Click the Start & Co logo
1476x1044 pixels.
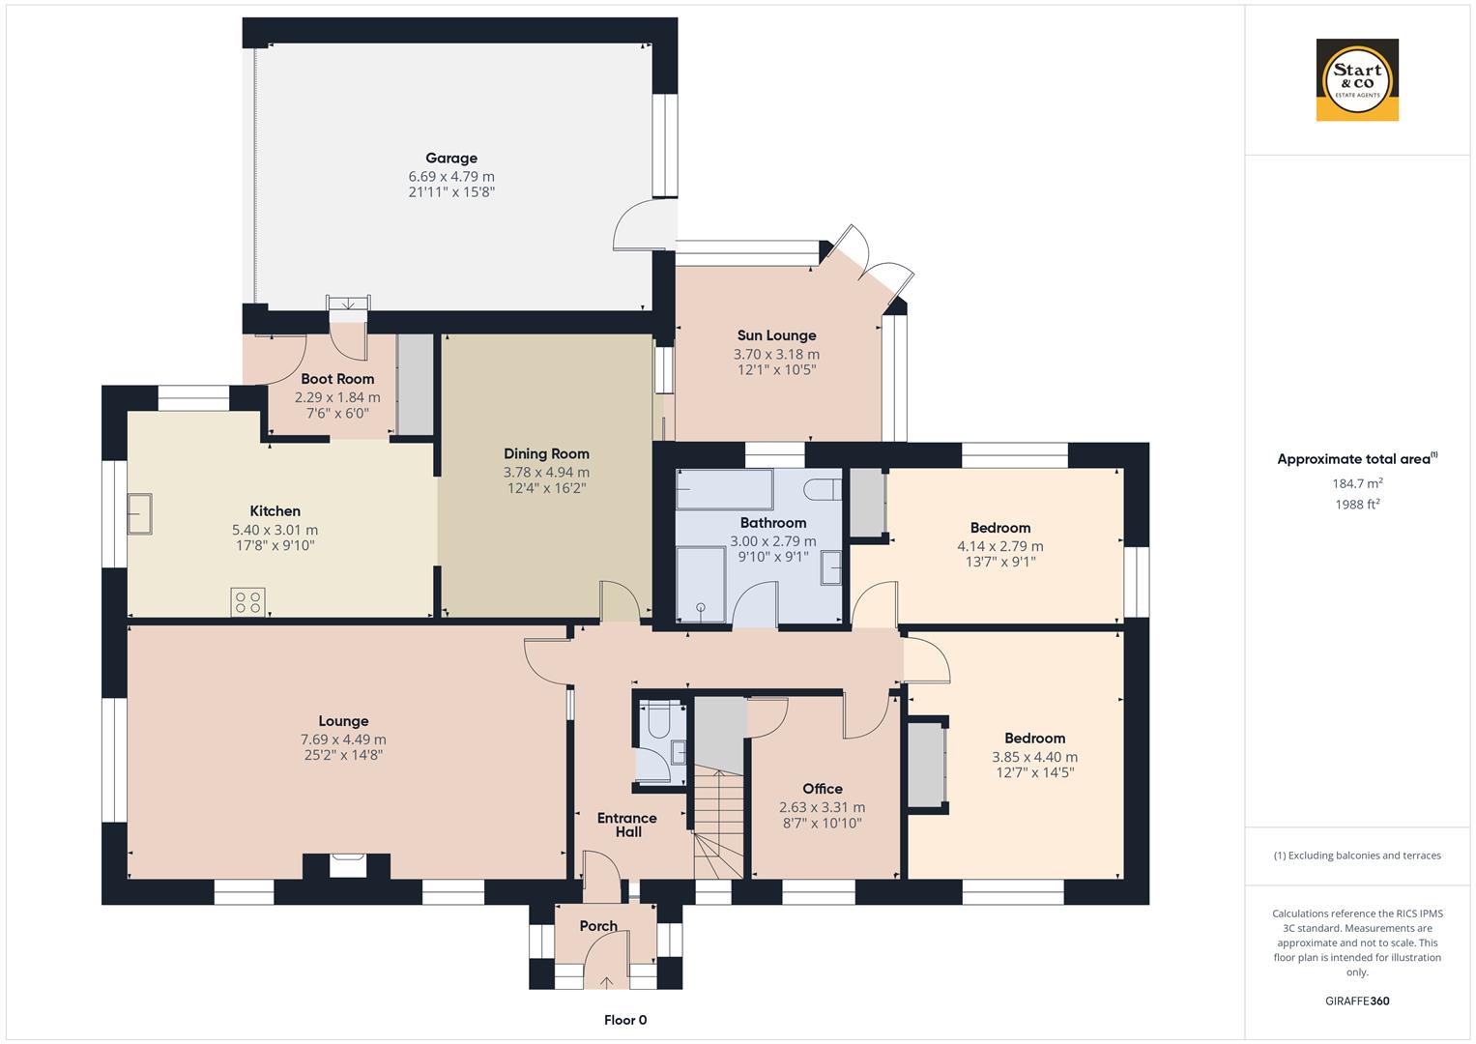pos(1356,80)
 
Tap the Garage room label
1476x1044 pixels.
pos(451,159)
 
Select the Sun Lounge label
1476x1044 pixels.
pos(776,335)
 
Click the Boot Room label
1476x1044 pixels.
pos(337,379)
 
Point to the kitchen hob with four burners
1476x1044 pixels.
pos(247,602)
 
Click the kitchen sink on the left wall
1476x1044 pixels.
pos(139,512)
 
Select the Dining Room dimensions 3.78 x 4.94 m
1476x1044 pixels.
pos(546,472)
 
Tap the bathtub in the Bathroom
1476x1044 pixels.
pos(724,490)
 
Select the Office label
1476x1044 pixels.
pos(823,789)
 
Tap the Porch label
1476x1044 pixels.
pos(598,926)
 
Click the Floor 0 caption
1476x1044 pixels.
pos(625,1020)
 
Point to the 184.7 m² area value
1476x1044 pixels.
pos(1357,483)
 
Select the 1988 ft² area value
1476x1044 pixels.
pos(1357,504)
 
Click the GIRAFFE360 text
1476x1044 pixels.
pos(1357,1000)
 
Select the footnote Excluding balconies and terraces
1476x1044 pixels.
pos(1357,855)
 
